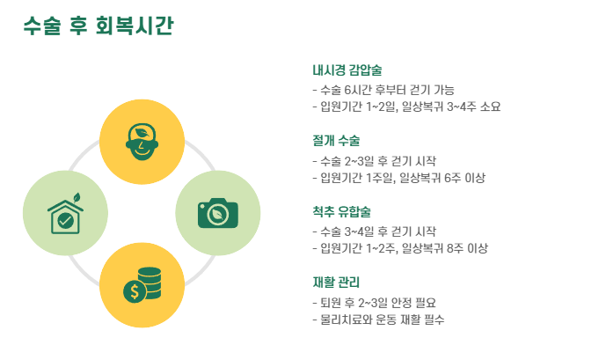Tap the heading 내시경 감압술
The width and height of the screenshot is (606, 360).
[347, 70]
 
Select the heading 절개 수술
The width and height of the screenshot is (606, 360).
[336, 141]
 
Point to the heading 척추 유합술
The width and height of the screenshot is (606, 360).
[341, 211]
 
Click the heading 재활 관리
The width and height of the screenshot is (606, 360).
[336, 282]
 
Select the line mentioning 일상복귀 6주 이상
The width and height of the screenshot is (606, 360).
[398, 178]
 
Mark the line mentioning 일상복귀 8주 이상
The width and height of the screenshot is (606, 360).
[400, 248]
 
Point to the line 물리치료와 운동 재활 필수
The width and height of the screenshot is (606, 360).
[378, 320]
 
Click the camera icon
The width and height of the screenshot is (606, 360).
[218, 212]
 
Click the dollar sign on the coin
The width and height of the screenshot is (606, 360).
[135, 291]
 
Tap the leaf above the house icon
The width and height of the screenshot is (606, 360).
[77, 197]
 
